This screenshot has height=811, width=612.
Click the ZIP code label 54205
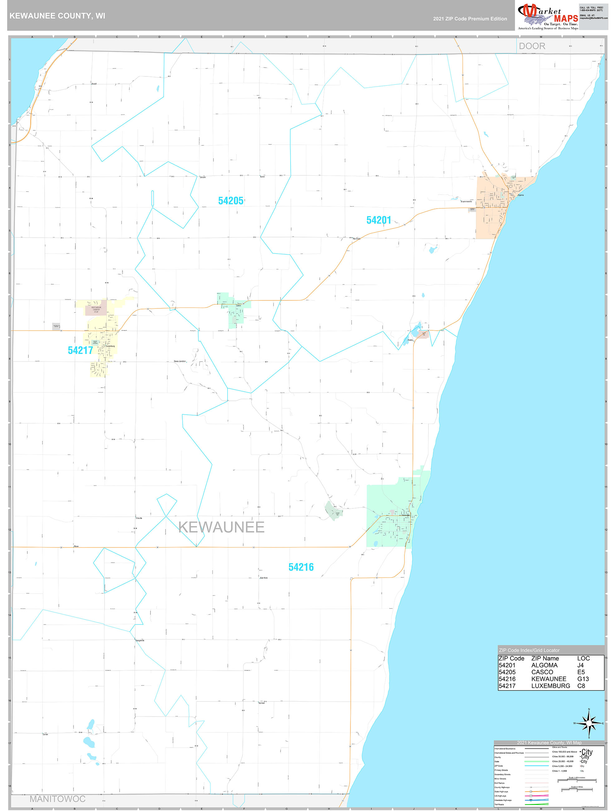(230, 201)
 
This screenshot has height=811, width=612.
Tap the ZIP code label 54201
(378, 220)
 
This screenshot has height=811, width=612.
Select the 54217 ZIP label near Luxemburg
(80, 350)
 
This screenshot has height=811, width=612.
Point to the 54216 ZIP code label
(301, 567)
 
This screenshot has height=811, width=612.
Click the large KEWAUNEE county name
(221, 527)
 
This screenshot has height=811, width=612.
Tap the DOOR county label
(532, 46)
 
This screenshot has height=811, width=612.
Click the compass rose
(589, 723)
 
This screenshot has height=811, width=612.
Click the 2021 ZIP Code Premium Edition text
(470, 19)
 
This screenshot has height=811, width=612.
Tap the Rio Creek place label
(356, 239)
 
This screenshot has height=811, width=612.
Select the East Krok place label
(263, 578)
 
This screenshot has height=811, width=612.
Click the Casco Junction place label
(179, 362)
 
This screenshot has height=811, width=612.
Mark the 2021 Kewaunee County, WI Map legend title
(549, 742)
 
